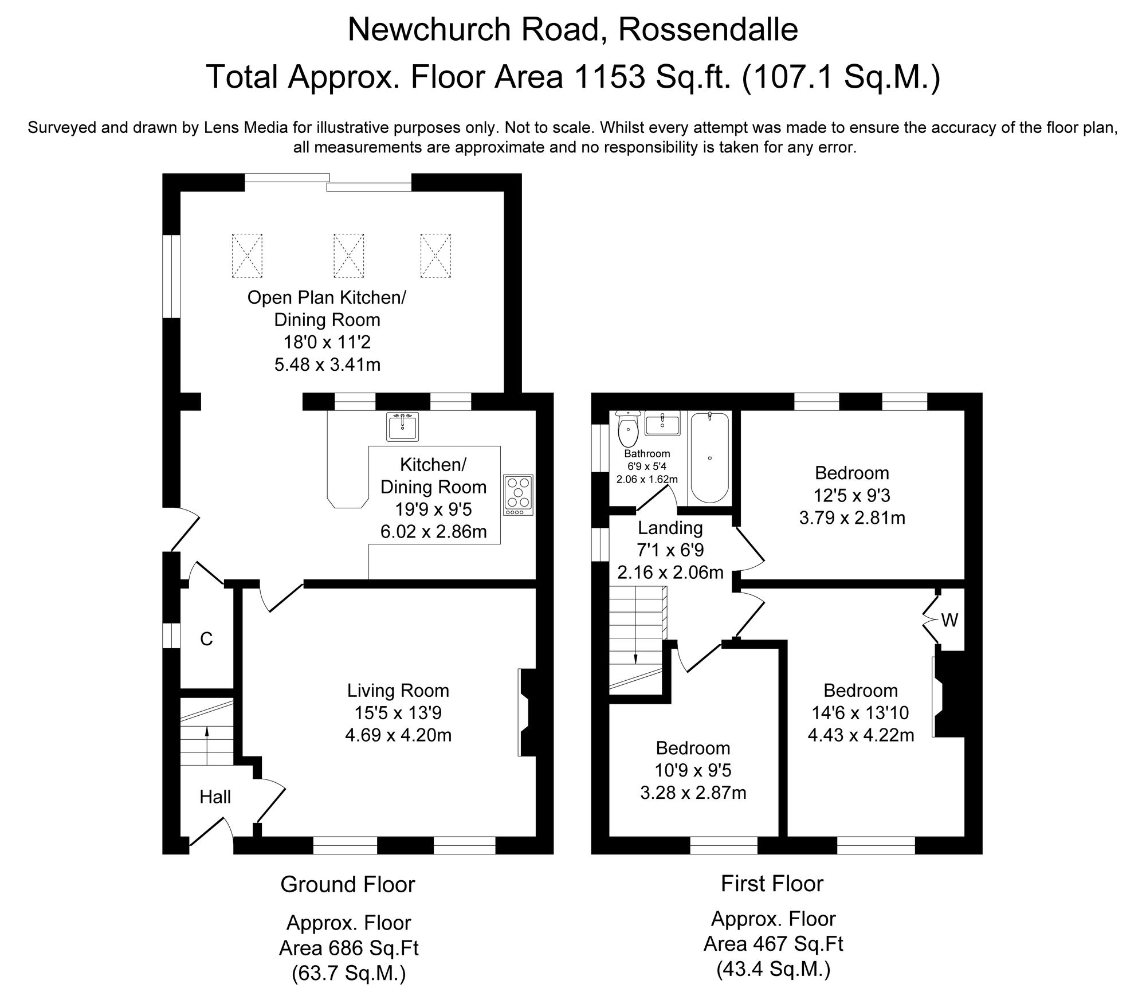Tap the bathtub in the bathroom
pos(709,458)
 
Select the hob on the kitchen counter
pos(519,495)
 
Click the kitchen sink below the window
pos(402,426)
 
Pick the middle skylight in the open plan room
pos(348,256)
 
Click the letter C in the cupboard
pos(206,639)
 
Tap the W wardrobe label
pos(949,620)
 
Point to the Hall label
pos(215,797)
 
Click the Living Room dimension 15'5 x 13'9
pos(398,713)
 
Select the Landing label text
pos(670,528)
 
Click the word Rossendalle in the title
pos(708,30)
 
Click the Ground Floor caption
pos(347,884)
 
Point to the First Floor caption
pos(772,883)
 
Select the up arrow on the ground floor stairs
pos(207,731)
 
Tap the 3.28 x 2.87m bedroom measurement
pos(693,793)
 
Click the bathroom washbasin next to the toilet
pos(662,424)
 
